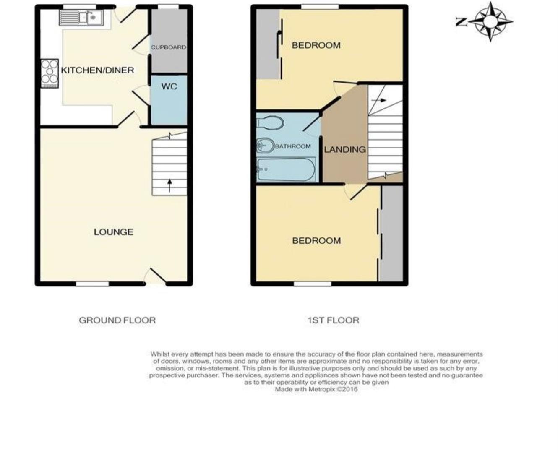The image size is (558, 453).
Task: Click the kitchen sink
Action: click(x=81, y=18)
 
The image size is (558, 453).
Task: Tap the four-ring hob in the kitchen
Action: click(x=50, y=73)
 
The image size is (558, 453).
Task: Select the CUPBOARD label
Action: click(x=168, y=47)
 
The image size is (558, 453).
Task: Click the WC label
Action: click(x=169, y=86)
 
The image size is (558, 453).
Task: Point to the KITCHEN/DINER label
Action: click(x=97, y=70)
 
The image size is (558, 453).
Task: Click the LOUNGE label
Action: click(x=113, y=232)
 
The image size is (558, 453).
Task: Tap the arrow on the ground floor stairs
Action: click(x=169, y=185)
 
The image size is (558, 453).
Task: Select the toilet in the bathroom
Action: click(x=270, y=123)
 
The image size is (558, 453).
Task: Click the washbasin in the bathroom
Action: click(x=265, y=145)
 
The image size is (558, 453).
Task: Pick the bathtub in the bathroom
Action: click(x=286, y=169)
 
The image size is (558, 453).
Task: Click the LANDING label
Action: click(x=345, y=149)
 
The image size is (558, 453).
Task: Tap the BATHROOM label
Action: click(x=292, y=146)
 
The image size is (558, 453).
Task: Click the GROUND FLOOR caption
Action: click(x=117, y=320)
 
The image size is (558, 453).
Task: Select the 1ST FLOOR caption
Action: click(x=333, y=320)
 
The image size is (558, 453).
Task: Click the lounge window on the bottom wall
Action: click(x=92, y=284)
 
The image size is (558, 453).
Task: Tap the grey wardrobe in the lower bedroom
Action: click(x=391, y=234)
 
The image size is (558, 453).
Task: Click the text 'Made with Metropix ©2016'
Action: click(x=316, y=389)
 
